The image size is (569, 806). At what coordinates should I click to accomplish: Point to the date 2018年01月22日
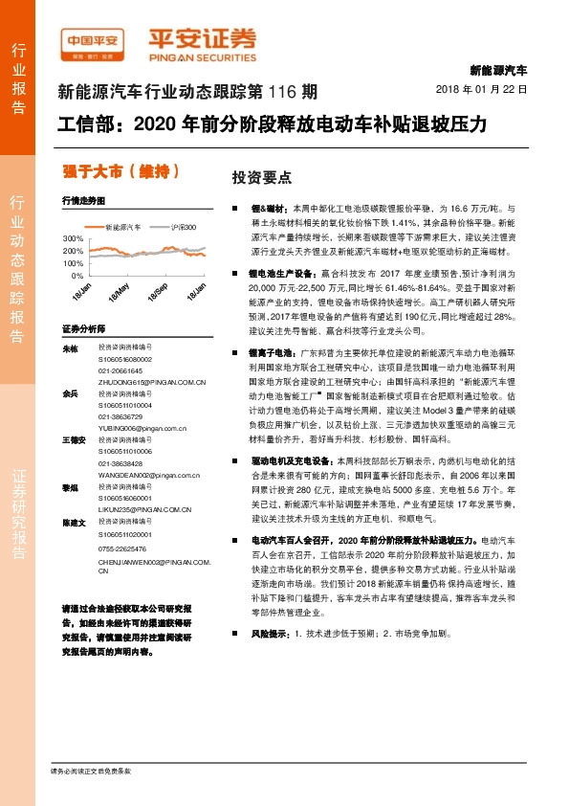488,89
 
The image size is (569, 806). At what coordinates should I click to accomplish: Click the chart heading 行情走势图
82,202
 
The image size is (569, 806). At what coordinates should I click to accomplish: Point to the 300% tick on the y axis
74,237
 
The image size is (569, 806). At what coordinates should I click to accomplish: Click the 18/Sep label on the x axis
159,291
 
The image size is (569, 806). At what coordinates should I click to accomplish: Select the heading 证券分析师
83,327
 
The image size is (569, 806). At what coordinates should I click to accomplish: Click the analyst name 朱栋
69,349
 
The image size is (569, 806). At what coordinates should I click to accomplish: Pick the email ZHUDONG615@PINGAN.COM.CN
153,381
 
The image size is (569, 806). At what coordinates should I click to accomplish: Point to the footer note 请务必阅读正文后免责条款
89,771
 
